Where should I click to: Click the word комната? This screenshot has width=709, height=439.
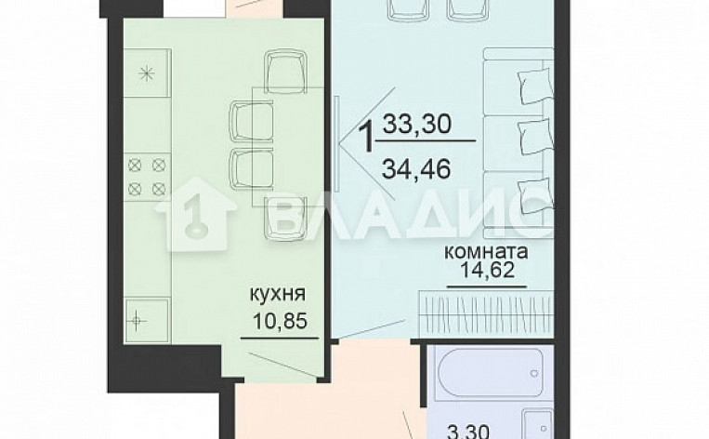click(x=486, y=252)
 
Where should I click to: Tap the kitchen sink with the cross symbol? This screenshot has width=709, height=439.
click(x=139, y=322)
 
